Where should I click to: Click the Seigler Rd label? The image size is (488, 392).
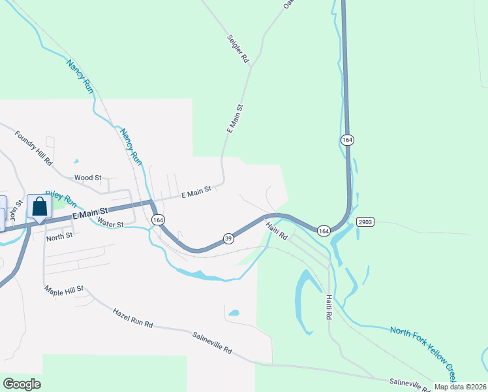coord(238,49)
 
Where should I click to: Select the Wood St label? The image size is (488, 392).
coord(88,177)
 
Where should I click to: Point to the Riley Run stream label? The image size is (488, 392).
coord(61,199)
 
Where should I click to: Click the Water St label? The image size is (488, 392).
coord(110,223)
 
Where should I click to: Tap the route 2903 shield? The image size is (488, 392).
coord(365,222)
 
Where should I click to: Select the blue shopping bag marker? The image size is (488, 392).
coord(39,206)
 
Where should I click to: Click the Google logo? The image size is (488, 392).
coord(22,384)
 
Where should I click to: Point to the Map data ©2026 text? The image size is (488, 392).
coord(460,387)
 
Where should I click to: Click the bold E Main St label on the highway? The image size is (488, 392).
coord(89,214)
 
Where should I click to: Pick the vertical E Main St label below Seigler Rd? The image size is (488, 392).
coord(235,119)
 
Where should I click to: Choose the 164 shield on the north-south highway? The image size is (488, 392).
coord(347,140)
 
